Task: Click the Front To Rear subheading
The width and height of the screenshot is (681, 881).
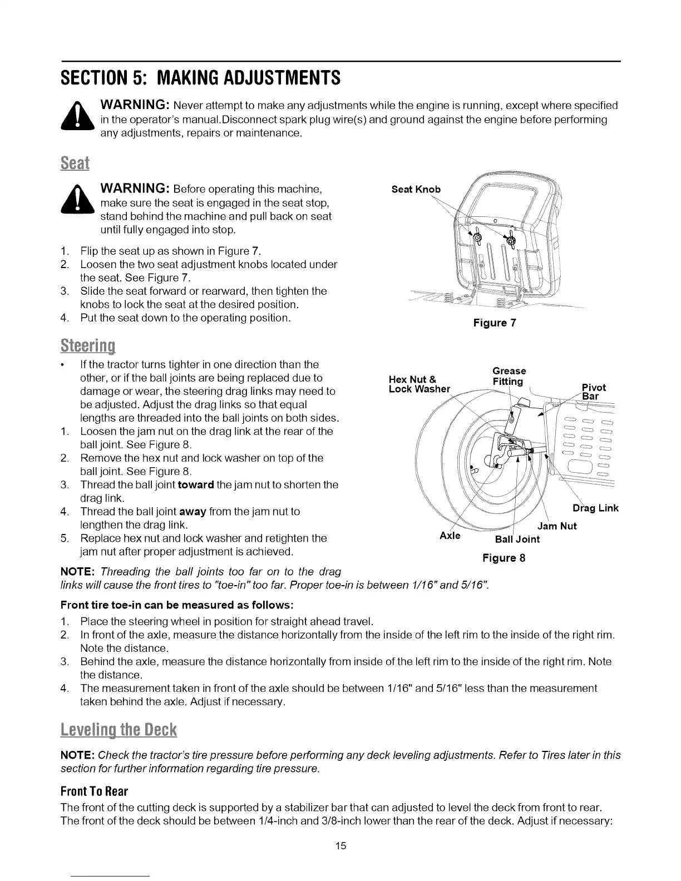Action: [x=94, y=790]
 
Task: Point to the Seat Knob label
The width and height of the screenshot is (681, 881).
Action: [x=416, y=189]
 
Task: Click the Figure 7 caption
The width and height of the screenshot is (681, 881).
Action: [x=495, y=323]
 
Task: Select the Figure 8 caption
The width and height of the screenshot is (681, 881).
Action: [x=504, y=558]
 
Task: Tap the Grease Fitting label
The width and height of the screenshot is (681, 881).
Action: [x=509, y=376]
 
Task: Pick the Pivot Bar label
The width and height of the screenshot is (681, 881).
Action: [x=593, y=392]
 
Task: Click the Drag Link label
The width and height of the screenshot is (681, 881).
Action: [x=595, y=508]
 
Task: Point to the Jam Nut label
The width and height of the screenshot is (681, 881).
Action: [x=557, y=526]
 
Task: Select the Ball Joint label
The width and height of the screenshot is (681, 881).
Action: [x=517, y=539]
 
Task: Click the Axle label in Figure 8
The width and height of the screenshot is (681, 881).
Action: [x=450, y=536]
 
